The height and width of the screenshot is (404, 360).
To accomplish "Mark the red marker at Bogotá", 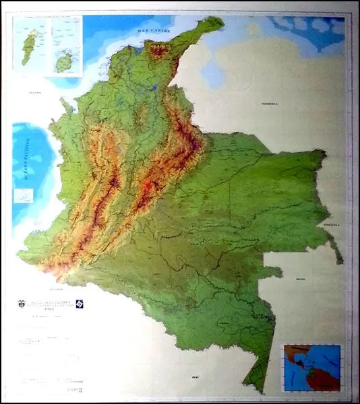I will pyautogui.click(x=148, y=183).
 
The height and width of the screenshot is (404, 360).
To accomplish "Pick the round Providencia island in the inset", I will pyautogui.click(x=65, y=61).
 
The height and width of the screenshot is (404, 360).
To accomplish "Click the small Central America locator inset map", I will pyautogui.click(x=311, y=368).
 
